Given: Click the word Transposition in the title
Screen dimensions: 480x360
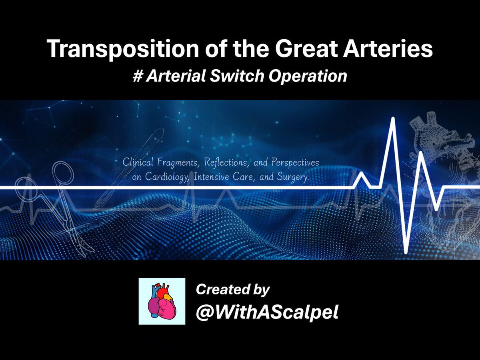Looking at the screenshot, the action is click(x=123, y=49).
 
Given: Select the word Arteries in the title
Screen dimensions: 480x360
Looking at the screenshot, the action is click(x=388, y=48).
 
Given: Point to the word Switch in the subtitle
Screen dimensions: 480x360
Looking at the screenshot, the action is click(x=237, y=76).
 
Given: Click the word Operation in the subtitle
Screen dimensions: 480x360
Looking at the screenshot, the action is click(x=308, y=76).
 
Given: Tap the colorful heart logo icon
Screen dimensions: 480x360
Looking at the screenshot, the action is click(x=162, y=301).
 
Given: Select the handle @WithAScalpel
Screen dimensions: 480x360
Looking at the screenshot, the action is click(x=267, y=312).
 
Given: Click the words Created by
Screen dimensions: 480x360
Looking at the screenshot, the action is click(x=233, y=290).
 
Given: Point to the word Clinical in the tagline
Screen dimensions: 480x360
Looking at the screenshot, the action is click(x=138, y=162).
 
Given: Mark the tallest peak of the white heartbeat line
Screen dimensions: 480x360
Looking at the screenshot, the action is click(x=393, y=118).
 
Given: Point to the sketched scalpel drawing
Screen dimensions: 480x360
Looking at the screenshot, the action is click(x=130, y=168).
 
